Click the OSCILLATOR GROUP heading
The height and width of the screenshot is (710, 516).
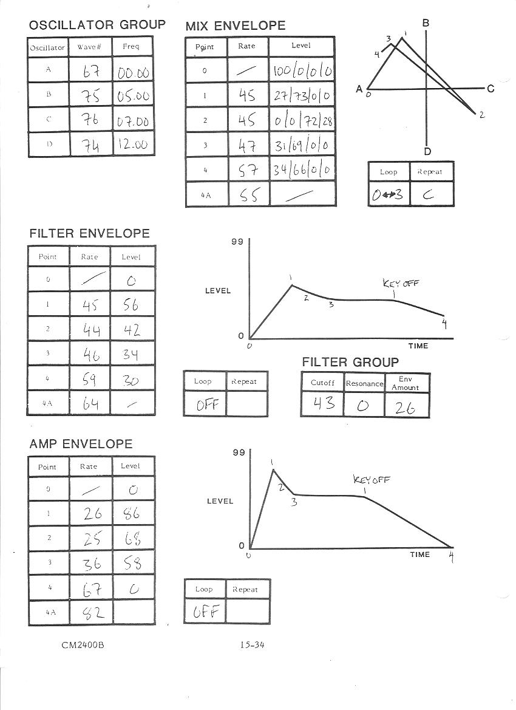click(97, 25)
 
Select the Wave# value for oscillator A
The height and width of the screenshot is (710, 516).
click(91, 72)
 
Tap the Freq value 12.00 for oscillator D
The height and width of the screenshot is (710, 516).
click(134, 145)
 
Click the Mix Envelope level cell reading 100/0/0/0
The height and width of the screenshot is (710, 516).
click(302, 71)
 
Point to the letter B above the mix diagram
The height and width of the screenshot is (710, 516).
click(426, 23)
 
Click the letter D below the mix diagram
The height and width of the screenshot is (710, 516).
click(427, 152)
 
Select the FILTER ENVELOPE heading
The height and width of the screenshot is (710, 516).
click(89, 233)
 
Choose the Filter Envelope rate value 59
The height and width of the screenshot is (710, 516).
click(90, 379)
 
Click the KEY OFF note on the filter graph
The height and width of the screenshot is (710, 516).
click(401, 283)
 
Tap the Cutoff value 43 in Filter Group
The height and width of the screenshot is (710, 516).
click(322, 404)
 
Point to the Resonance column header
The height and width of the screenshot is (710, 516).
click(364, 383)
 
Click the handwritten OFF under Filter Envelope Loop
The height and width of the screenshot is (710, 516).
click(205, 404)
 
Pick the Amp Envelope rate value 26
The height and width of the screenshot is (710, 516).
click(92, 514)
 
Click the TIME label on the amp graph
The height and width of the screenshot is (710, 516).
click(419, 555)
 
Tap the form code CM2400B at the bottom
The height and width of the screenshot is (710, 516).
click(82, 645)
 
